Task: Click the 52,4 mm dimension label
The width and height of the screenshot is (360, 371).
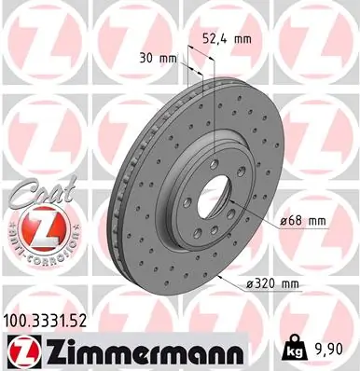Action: click(x=227, y=39)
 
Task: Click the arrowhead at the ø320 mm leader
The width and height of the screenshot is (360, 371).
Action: click(x=218, y=278)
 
